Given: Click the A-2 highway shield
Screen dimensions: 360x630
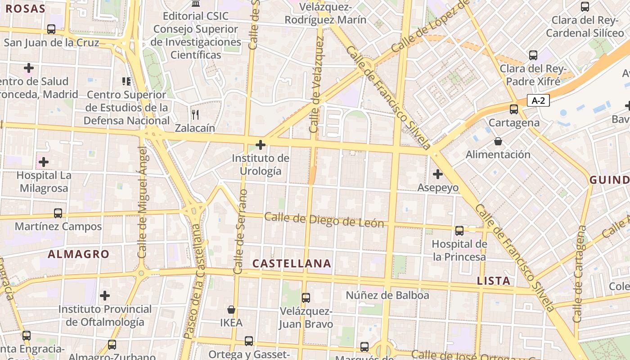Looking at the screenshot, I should (x=538, y=100).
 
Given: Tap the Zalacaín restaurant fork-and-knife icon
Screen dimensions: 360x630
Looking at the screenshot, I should (x=195, y=115).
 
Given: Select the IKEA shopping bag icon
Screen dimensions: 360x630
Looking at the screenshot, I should (x=231, y=310).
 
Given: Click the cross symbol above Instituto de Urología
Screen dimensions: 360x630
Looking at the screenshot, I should (x=260, y=145).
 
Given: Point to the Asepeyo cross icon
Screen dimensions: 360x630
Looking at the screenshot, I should (x=437, y=174).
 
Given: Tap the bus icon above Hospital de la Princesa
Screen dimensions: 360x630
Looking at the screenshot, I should (x=459, y=231).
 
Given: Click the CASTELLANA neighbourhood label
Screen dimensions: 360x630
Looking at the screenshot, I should (x=292, y=264).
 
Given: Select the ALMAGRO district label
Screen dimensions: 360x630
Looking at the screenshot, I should (x=79, y=254).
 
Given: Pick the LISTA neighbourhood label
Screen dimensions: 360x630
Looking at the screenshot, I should (x=494, y=281).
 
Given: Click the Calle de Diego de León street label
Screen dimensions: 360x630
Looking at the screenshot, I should (x=324, y=220).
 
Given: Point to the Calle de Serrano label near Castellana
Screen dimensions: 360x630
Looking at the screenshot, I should (x=240, y=232).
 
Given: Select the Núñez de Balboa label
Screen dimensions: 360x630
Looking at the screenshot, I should (x=387, y=296).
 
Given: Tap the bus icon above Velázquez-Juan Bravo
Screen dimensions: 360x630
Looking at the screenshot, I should (x=306, y=297).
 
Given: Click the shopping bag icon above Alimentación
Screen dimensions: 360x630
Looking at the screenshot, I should (x=498, y=141).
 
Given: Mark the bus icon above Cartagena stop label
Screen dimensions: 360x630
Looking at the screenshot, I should (x=513, y=109).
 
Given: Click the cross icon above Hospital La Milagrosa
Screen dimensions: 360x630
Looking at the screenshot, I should (x=44, y=162).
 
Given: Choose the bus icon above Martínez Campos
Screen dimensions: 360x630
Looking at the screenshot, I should (x=58, y=213).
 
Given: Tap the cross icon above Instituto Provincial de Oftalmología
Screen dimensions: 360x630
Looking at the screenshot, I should (x=105, y=296).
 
